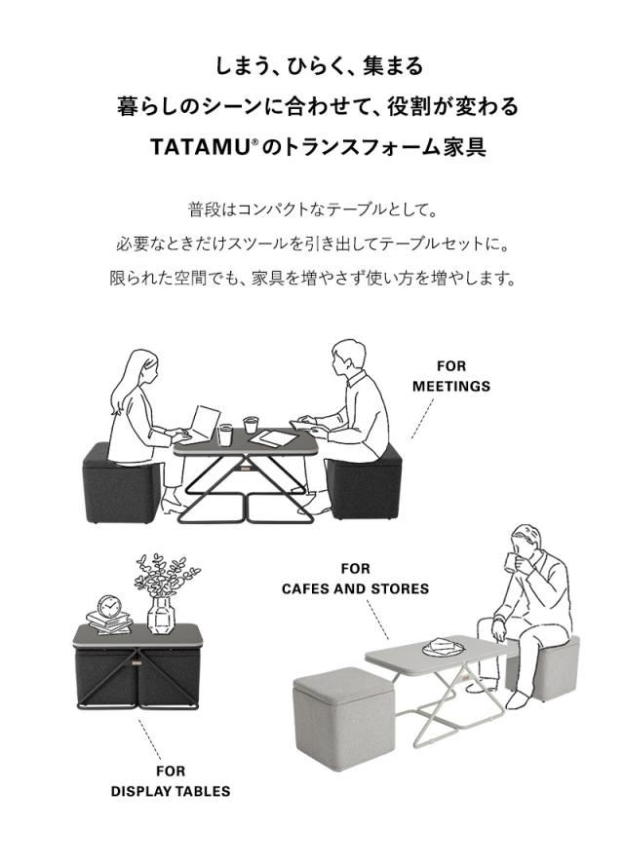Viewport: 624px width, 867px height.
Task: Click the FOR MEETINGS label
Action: click(x=450, y=376)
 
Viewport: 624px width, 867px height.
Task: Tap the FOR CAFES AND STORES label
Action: click(x=355, y=579)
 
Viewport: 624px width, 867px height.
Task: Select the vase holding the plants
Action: click(x=160, y=614)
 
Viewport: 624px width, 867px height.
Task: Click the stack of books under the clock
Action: click(x=108, y=622)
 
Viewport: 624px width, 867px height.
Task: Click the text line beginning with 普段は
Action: click(x=312, y=209)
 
